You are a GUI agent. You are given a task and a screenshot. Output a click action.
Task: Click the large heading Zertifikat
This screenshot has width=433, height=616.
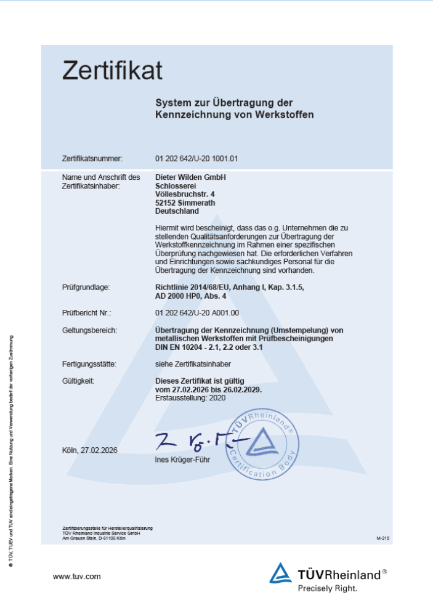[x=112, y=71]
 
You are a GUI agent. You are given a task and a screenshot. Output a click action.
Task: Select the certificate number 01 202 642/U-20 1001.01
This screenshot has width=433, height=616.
[x=196, y=159]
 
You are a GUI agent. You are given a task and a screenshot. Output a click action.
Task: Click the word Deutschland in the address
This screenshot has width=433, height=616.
[x=177, y=211]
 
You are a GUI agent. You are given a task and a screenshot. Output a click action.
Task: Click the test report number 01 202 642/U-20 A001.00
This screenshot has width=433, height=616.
[x=197, y=313]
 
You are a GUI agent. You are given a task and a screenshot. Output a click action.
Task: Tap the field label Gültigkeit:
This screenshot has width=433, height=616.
[x=78, y=381]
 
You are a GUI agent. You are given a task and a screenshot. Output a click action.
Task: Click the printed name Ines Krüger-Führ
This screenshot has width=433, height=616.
[x=186, y=460]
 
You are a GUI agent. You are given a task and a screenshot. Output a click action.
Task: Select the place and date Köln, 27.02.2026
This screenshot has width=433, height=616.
[x=90, y=450]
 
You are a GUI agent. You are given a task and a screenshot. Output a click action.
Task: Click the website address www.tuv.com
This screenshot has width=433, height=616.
[x=77, y=577]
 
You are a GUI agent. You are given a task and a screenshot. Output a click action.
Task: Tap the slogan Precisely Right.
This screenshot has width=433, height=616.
[x=328, y=588]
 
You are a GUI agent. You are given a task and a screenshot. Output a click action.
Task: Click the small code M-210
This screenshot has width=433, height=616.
[x=382, y=538]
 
